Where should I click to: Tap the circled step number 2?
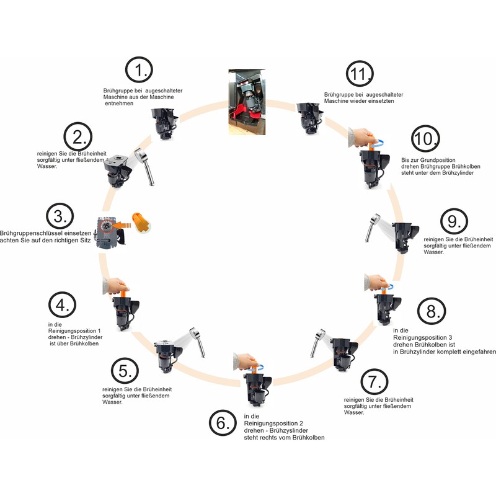pos(79,137)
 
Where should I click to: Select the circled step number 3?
pos(60,216)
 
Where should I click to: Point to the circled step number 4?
pos(62,304)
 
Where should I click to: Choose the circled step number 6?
pos(223,423)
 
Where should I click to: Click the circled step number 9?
pos(453,222)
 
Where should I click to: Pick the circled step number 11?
pos(358,75)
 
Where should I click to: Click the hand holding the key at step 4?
pos(117,285)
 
